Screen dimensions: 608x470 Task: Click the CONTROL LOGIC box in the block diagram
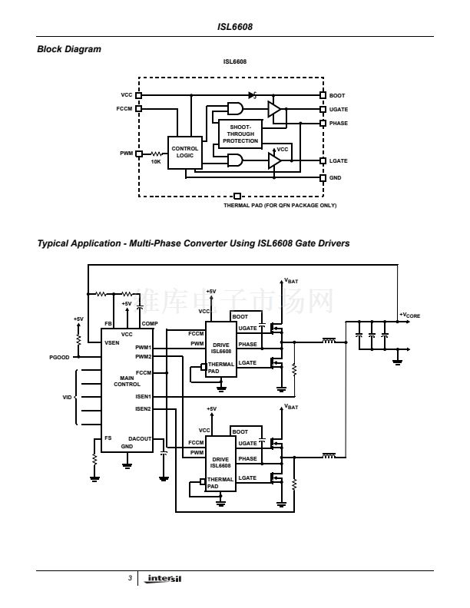(184, 152)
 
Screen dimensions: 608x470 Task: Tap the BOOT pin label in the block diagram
(336, 95)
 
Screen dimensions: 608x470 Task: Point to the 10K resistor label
(156, 162)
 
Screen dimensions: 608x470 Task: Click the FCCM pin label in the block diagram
(124, 108)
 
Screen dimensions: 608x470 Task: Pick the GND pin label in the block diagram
(335, 177)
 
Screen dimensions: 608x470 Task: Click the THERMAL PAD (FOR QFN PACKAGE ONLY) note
(280, 205)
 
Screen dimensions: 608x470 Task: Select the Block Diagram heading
(69, 49)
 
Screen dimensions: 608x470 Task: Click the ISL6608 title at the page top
(235, 27)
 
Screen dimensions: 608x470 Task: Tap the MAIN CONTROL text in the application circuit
(127, 381)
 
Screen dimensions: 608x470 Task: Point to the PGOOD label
(59, 357)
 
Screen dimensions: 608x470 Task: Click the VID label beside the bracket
(66, 398)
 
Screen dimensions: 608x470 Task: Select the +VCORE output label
(409, 315)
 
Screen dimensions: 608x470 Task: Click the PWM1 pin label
(143, 348)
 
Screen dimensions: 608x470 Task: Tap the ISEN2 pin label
(143, 409)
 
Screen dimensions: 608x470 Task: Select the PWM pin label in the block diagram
(126, 153)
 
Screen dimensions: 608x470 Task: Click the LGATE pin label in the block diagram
(338, 160)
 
